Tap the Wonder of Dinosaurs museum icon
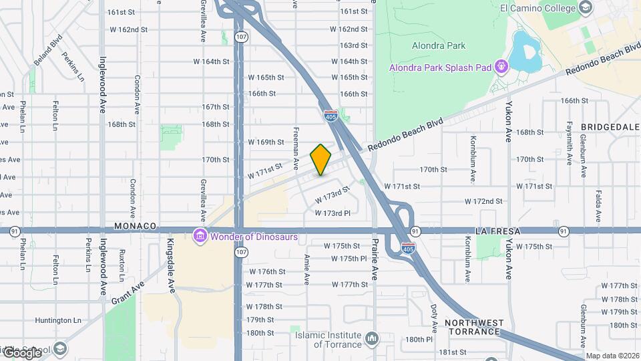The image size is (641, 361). pyautogui.click(x=199, y=236)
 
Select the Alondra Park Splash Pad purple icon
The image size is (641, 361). pyautogui.click(x=500, y=67)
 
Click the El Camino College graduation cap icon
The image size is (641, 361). pyautogui.click(x=586, y=8)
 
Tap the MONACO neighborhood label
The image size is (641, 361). pyautogui.click(x=134, y=227)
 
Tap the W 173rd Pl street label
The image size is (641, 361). pyautogui.click(x=333, y=213)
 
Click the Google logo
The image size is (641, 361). pyautogui.click(x=22, y=352)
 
